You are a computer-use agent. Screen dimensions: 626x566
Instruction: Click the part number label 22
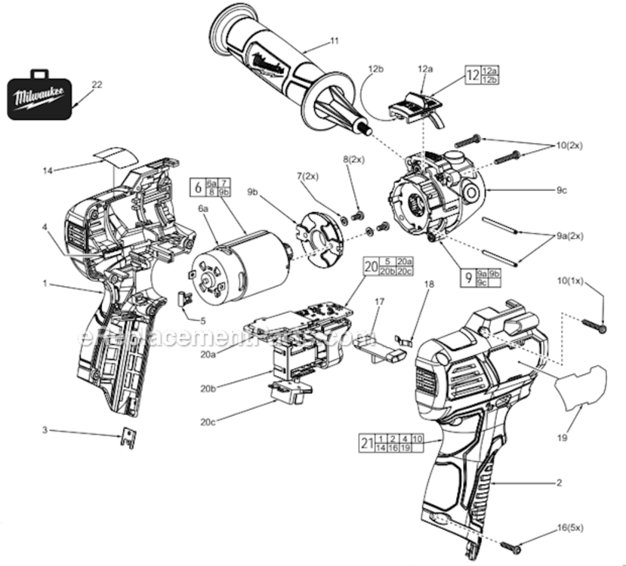point(96,85)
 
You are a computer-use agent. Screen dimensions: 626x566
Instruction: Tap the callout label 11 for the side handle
point(335,40)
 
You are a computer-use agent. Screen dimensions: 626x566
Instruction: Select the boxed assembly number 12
point(472,75)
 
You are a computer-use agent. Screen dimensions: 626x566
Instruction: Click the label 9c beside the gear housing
point(561,190)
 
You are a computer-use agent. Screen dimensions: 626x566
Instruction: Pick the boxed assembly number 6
point(198,187)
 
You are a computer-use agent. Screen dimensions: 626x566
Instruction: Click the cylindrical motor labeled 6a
point(234,263)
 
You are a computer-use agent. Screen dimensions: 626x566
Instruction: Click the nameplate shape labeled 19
point(581,386)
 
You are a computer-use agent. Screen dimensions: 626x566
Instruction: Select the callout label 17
point(379,301)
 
